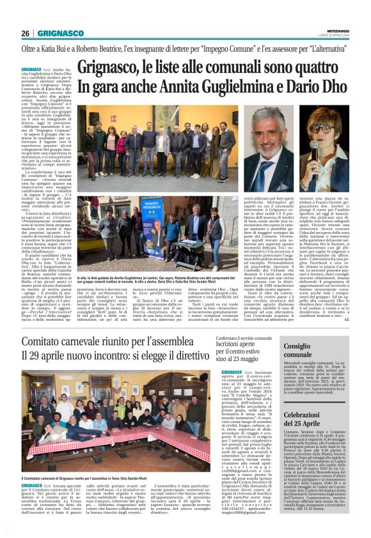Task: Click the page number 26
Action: pos(25,33)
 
